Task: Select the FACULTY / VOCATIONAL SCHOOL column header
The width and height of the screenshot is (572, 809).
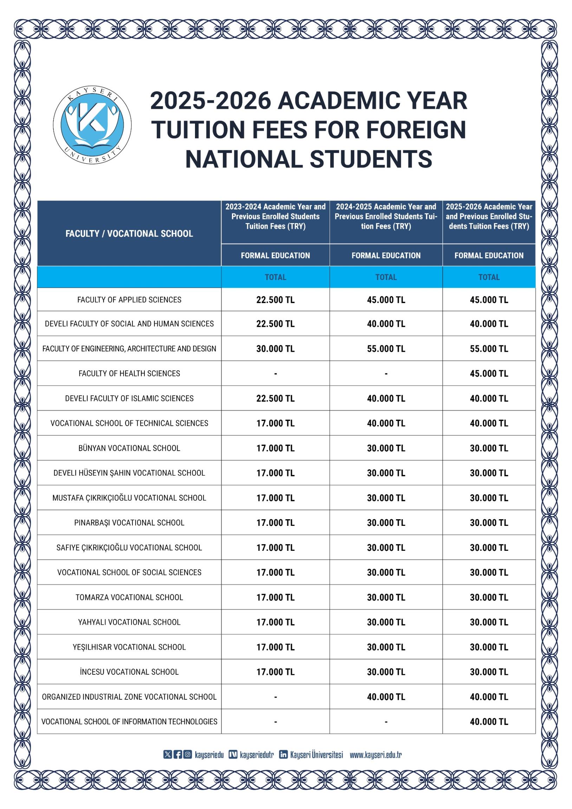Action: tap(129, 233)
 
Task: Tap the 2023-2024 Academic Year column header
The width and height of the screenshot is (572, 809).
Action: tap(275, 216)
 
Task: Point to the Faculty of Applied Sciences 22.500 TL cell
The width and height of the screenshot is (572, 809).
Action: tap(275, 300)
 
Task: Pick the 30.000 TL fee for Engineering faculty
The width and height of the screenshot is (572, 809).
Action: tap(275, 348)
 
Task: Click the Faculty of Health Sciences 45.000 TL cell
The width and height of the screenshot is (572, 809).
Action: tap(488, 373)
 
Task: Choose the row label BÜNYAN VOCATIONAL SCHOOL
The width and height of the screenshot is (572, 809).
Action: tap(129, 448)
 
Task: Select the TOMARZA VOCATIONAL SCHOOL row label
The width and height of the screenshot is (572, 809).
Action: tap(129, 597)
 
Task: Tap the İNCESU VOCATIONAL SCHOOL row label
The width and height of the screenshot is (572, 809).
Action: tap(129, 672)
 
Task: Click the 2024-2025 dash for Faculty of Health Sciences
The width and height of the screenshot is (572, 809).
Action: tap(386, 373)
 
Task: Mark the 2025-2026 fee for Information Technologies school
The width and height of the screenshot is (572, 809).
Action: tap(488, 722)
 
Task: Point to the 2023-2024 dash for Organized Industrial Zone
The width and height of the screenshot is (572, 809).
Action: tap(275, 697)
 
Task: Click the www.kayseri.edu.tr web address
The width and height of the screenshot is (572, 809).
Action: tap(376, 755)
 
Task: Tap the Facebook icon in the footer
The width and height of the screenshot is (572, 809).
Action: tap(178, 755)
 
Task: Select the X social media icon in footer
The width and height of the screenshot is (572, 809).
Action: tap(168, 755)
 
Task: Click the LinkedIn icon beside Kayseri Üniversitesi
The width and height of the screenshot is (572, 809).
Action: tap(283, 755)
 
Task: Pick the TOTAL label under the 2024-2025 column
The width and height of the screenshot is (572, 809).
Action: tap(386, 277)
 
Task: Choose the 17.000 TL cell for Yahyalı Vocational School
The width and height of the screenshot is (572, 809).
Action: tap(275, 622)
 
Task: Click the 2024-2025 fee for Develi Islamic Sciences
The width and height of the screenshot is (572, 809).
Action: tap(386, 398)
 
